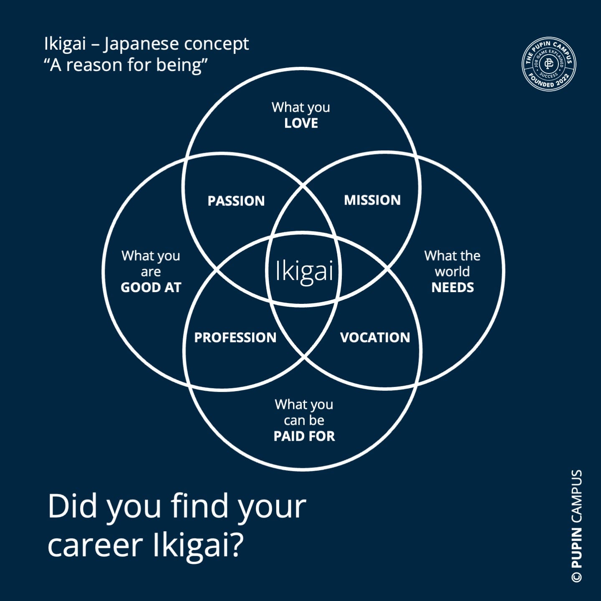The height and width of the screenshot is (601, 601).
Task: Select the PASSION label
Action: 236,201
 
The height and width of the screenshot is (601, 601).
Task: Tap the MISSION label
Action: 372,200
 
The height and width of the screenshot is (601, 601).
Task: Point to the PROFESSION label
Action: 235,337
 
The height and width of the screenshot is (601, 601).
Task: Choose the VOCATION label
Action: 375,337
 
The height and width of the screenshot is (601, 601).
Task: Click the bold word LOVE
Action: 301,123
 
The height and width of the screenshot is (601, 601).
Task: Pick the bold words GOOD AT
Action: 151,287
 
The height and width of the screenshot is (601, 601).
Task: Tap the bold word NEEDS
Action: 452,287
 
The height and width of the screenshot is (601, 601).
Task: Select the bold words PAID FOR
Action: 304,436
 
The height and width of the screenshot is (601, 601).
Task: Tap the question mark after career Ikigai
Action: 236,545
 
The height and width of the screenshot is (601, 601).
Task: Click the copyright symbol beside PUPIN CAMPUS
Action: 576,576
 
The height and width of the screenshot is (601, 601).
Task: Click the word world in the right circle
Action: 452,271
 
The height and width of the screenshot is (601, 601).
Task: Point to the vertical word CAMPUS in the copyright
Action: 576,497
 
